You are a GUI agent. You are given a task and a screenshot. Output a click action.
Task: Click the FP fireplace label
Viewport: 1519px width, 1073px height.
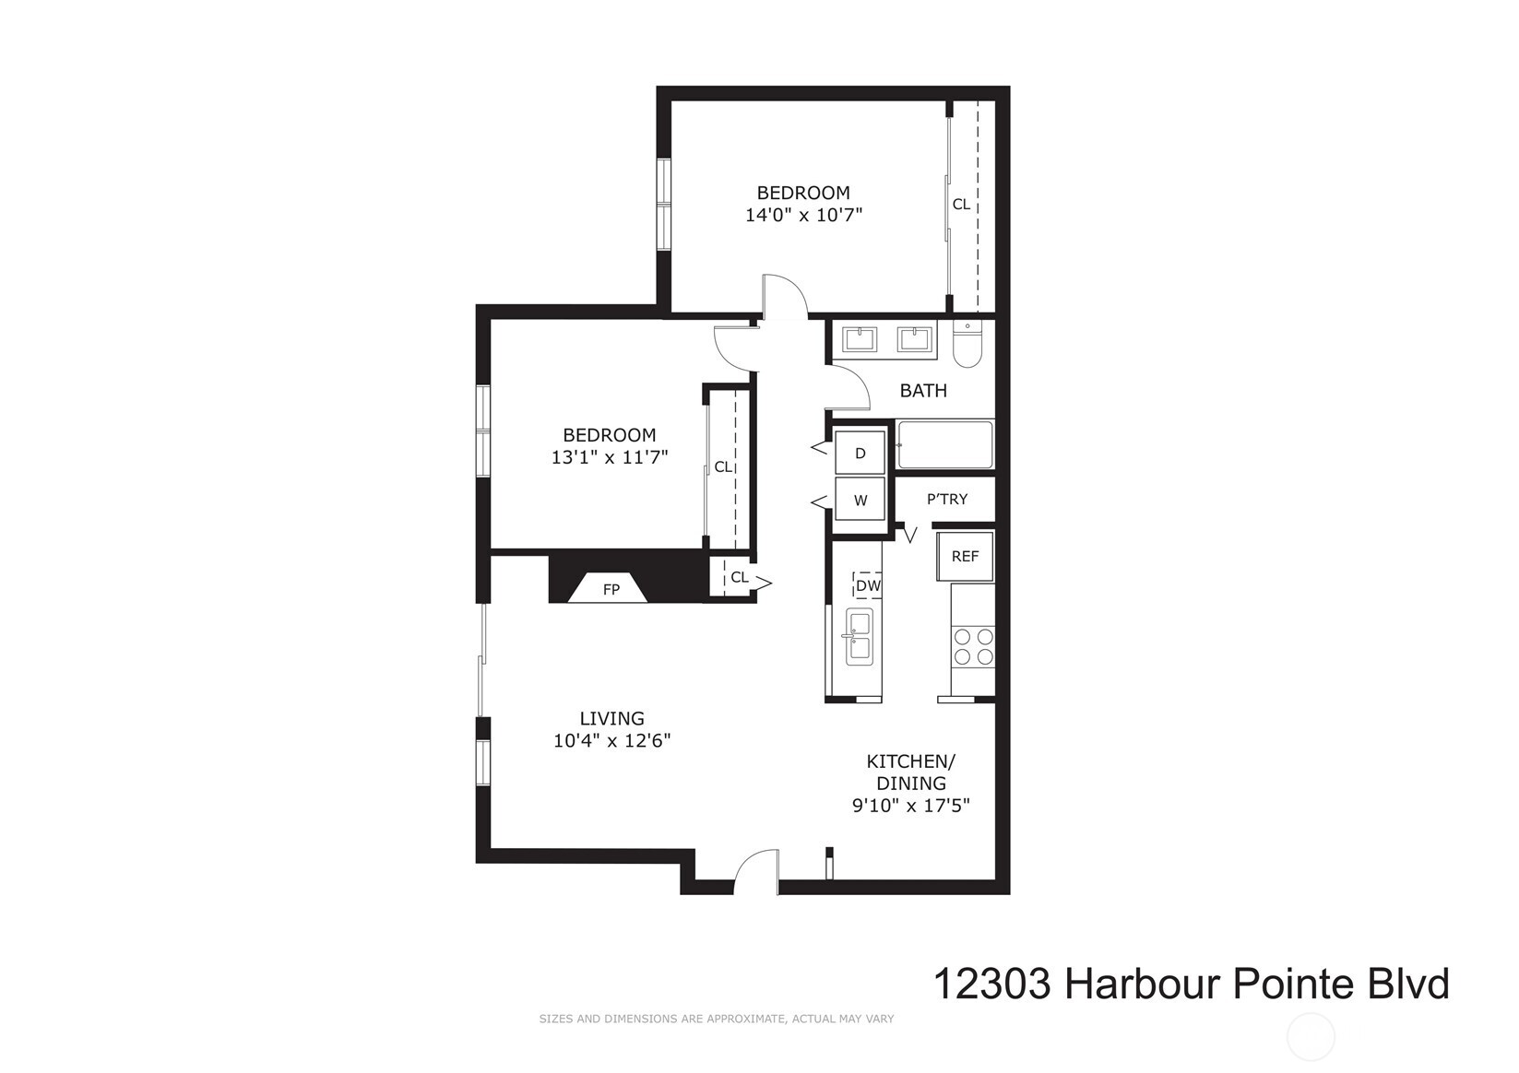click(x=611, y=589)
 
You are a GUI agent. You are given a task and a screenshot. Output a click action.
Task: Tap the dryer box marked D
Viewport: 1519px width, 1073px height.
click(x=860, y=454)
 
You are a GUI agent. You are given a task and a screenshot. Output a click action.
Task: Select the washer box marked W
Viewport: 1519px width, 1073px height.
click(x=860, y=501)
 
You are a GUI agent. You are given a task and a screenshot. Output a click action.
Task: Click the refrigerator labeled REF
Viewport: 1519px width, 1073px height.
click(x=965, y=556)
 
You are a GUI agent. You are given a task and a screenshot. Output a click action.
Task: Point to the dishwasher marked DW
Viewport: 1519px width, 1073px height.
click(x=867, y=584)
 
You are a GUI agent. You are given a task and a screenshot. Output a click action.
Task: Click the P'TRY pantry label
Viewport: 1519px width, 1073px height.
click(x=947, y=499)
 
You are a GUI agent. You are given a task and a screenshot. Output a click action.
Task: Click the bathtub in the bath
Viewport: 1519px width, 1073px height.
click(x=945, y=445)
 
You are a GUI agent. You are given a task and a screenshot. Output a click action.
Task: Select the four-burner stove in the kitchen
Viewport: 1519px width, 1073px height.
click(x=973, y=645)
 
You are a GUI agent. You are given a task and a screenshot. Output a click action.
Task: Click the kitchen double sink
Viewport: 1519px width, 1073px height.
click(x=859, y=637)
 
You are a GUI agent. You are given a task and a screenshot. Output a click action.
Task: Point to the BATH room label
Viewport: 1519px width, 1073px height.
click(x=923, y=390)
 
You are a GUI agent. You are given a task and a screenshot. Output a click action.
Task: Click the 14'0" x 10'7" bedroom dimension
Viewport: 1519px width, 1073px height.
click(x=803, y=215)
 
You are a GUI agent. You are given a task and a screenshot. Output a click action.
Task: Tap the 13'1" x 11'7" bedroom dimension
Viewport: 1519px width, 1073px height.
click(x=609, y=456)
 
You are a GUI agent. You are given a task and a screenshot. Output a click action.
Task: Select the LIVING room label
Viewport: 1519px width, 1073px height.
click(x=611, y=718)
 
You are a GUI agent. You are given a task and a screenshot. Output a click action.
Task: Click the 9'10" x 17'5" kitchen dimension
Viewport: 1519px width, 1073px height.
click(x=910, y=805)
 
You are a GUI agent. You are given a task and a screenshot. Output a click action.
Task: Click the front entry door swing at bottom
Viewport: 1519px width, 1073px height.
click(x=756, y=871)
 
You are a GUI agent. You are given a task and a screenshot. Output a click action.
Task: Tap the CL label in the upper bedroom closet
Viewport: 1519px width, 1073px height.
click(x=961, y=204)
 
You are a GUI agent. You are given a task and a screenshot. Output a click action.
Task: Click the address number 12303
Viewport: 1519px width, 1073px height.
click(x=991, y=984)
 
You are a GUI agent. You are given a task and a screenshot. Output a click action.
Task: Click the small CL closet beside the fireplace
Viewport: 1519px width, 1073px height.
click(x=738, y=578)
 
